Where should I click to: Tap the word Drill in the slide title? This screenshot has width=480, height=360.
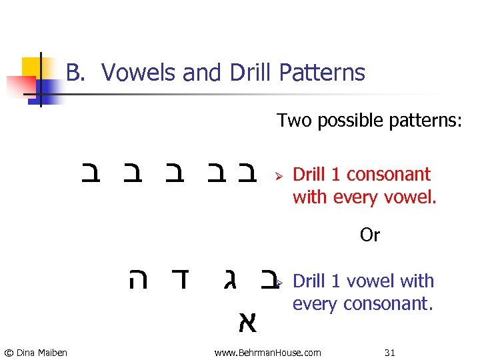coord(249,73)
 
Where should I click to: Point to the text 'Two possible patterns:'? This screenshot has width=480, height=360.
coord(369,121)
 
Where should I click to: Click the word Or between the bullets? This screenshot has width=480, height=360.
coord(369,235)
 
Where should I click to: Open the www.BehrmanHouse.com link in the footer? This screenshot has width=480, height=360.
coord(267,352)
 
